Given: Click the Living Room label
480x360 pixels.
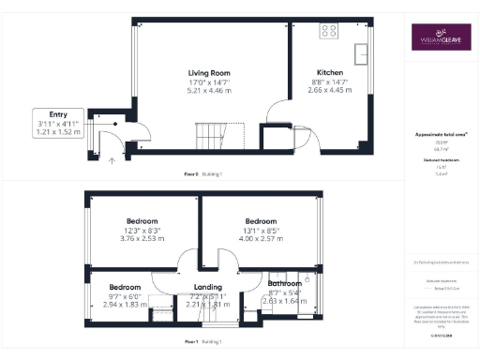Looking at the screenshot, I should point(209,73).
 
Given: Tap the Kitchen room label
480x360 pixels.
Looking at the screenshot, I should point(330,72).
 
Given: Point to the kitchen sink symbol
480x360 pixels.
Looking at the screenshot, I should point(360,50).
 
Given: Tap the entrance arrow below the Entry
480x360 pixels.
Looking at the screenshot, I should point(112,160).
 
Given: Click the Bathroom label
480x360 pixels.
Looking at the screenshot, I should point(284,282).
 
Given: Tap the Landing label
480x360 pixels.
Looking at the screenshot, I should point(207,287).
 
